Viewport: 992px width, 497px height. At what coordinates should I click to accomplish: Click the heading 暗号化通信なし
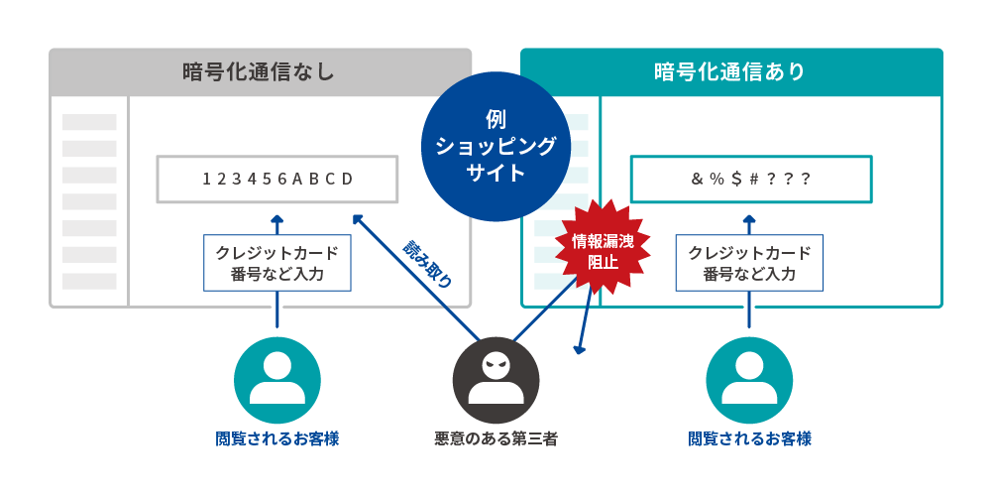pos(259,72)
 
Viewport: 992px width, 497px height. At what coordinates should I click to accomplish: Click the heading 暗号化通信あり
pos(730,72)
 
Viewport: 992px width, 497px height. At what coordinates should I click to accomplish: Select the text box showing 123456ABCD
pos(277,179)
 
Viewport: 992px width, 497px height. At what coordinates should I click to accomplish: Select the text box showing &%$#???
pos(750,179)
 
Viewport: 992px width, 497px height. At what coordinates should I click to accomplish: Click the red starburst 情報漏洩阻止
pos(602,252)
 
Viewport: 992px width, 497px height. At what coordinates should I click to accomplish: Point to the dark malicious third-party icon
pos(496,382)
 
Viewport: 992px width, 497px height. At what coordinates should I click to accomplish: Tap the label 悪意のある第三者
pos(496,438)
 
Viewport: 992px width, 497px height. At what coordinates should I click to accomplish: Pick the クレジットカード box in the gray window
pos(277,263)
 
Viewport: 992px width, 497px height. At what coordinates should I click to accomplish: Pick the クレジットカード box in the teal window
pos(749,263)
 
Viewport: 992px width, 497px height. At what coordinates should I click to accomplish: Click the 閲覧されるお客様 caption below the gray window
pos(277,438)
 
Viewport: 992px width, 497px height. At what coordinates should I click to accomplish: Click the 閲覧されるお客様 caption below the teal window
pos(749,438)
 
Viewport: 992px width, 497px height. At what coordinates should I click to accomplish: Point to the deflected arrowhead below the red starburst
pos(579,348)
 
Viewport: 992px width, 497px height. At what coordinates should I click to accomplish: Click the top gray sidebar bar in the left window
pos(89,122)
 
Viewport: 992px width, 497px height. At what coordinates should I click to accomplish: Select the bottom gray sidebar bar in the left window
pos(89,281)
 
